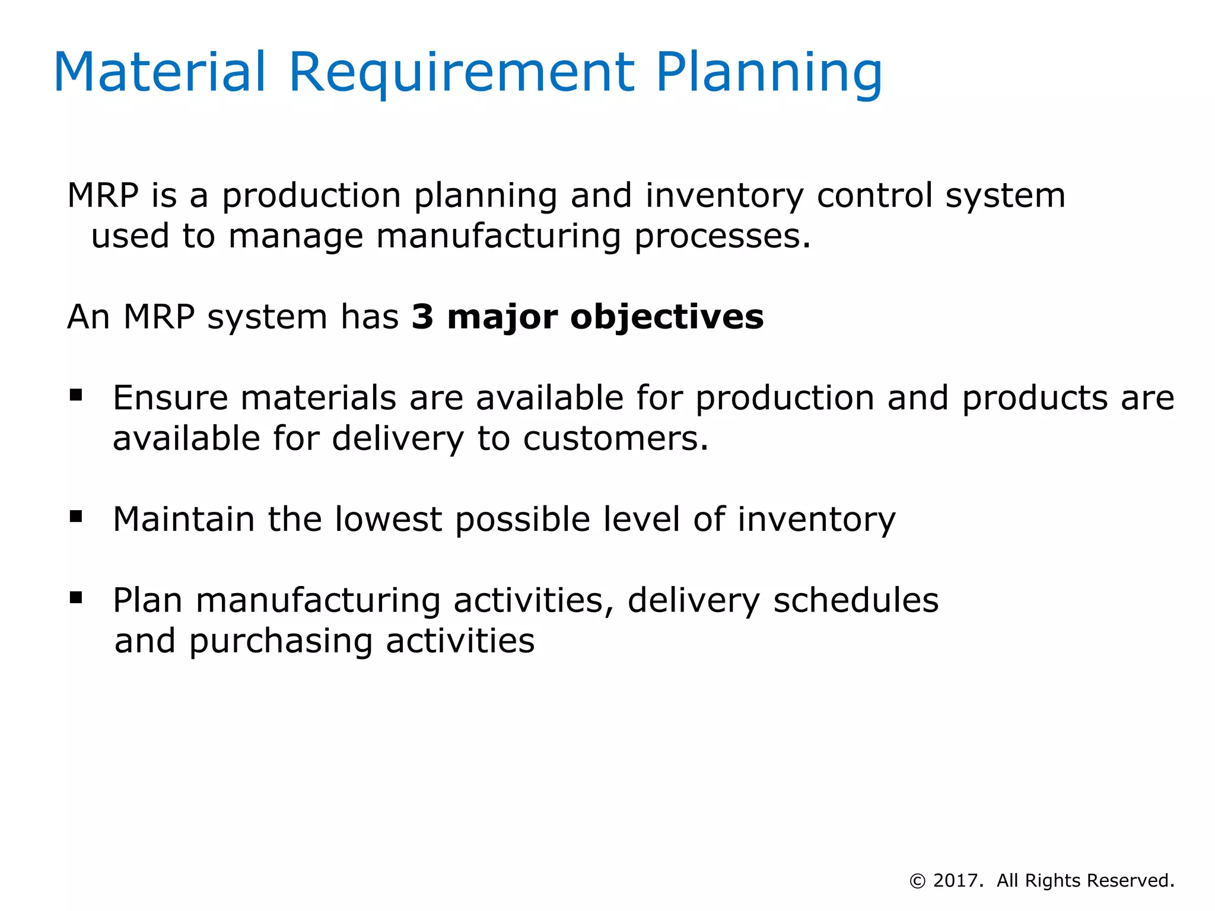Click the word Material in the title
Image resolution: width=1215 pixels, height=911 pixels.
tap(160, 72)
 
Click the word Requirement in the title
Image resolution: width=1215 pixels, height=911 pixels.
tap(462, 72)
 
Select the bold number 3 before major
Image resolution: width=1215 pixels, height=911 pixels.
tap(422, 317)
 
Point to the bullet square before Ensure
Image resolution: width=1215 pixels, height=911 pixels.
tap(76, 395)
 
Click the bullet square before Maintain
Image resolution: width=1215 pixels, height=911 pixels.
tap(76, 517)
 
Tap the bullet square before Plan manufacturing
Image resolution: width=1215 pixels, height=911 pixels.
tap(76, 597)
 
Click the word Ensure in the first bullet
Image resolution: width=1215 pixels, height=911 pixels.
tap(170, 397)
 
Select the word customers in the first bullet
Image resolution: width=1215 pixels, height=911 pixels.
tap(615, 439)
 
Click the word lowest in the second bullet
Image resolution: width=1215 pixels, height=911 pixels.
tap(389, 519)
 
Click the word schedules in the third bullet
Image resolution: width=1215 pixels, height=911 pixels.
tap(856, 600)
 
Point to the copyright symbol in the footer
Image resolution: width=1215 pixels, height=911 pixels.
tap(917, 881)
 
